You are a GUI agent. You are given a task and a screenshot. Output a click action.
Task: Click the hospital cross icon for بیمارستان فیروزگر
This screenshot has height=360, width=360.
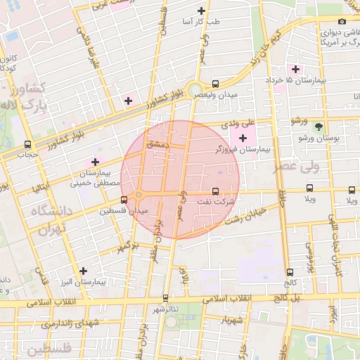[243, 138]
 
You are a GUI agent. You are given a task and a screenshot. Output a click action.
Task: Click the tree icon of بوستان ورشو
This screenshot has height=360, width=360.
[320, 127]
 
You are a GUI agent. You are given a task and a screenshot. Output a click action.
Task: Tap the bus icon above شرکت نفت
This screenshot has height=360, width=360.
[215, 191]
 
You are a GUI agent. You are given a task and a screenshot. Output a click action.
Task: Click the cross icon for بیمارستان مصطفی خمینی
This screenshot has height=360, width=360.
[96, 162]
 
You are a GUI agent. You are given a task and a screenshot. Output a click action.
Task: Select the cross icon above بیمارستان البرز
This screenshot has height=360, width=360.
[83, 270]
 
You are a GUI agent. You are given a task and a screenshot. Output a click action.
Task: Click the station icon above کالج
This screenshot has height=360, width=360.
[290, 272]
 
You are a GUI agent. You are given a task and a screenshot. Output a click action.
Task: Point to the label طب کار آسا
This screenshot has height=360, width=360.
[202, 22]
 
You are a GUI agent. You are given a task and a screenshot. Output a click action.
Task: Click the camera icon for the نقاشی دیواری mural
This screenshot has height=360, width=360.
[344, 20]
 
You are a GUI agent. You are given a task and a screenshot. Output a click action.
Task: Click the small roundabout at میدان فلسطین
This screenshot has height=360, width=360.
[139, 194]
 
